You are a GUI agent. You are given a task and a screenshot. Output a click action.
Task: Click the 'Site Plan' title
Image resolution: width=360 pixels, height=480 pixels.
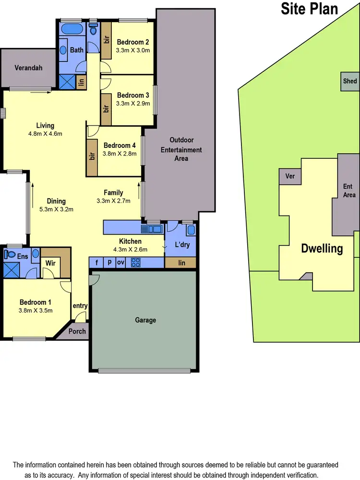coord(310,9)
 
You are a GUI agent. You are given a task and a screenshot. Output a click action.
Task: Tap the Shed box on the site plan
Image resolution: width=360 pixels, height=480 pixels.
coord(350,81)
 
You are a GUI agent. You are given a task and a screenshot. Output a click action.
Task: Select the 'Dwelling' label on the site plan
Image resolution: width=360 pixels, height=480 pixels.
coord(322,249)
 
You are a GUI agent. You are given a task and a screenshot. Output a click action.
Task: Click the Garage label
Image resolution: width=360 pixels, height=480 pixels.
coord(145,320)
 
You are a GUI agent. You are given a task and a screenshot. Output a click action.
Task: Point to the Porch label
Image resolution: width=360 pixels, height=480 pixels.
coord(77,331)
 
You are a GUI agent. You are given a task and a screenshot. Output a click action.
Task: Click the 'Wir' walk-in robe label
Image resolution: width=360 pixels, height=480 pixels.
coord(51,263)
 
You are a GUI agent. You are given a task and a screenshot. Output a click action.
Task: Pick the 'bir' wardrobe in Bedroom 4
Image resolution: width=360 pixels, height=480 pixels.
coord(92,156)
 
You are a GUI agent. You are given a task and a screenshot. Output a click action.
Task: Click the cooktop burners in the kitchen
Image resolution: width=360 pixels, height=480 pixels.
coord(135,263)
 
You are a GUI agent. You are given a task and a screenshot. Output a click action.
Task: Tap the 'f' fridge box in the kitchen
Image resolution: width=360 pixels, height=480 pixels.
coord(96,263)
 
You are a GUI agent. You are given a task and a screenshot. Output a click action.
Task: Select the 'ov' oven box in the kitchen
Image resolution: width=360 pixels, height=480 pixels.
coord(120,263)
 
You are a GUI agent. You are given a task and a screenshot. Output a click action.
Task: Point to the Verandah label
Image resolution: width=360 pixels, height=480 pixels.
coord(28,68)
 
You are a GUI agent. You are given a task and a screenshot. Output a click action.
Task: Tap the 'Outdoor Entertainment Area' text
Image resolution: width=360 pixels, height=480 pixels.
coord(181,149)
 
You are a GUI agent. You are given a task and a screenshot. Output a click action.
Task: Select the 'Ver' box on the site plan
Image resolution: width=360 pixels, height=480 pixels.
coord(290,176)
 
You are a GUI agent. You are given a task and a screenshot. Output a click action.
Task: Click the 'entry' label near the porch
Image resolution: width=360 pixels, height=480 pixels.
coord(80,306)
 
